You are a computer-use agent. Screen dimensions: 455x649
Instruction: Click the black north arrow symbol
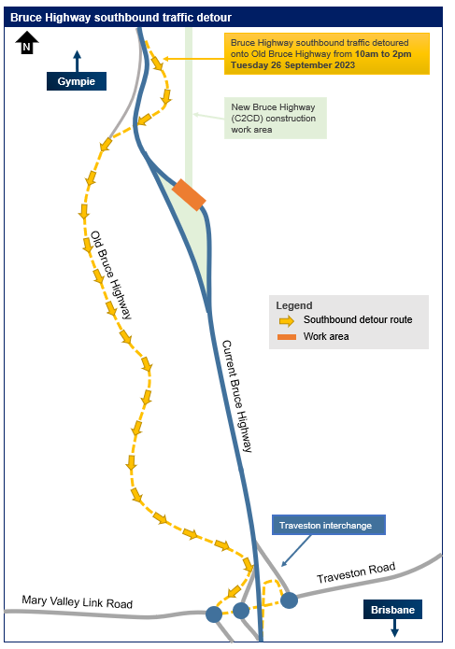27,43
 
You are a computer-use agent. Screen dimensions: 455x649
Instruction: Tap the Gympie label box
77,81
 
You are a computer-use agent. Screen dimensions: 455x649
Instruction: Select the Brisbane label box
392,610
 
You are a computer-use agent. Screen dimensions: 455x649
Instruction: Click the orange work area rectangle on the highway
189,194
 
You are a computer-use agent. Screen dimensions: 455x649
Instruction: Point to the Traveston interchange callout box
329,525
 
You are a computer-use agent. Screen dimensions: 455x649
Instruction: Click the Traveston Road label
356,572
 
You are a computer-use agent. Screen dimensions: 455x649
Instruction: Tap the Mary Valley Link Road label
77,601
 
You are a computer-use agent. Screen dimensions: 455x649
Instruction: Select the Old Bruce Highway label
111,275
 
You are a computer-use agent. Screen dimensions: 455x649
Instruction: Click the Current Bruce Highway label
237,396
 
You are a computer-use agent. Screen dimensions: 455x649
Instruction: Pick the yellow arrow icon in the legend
287,321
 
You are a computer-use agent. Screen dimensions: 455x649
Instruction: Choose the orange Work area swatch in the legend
287,337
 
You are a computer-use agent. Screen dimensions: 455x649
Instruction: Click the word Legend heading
294,305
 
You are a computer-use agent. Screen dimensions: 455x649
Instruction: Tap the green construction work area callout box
276,118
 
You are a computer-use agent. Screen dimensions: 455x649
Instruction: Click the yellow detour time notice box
327,54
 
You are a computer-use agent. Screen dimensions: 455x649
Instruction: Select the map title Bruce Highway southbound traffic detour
121,18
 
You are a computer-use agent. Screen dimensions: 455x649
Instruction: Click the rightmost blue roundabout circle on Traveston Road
289,600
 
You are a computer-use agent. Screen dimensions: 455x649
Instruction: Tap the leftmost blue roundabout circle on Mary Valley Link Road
214,614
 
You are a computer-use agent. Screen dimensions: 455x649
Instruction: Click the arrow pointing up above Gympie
77,62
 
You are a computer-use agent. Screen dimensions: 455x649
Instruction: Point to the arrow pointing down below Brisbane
394,628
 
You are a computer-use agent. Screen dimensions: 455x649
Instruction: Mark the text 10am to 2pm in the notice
383,54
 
